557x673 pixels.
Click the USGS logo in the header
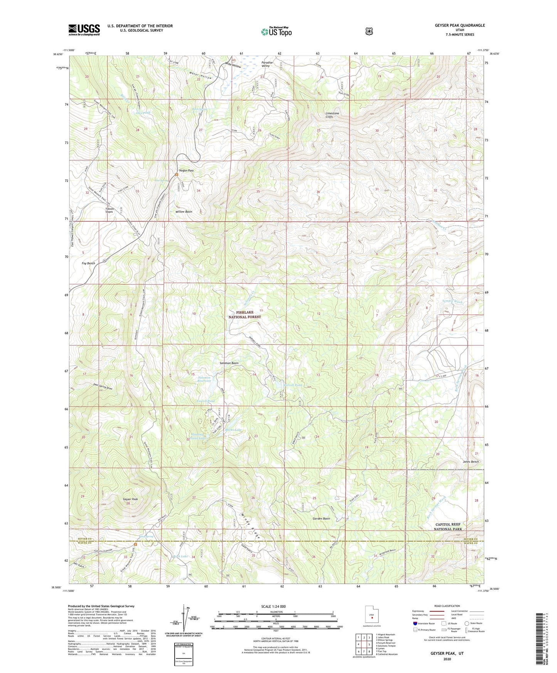pyautogui.click(x=84, y=30)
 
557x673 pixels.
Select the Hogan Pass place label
pyautogui.click(x=186, y=170)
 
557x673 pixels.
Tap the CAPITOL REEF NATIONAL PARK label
pyautogui.click(x=448, y=527)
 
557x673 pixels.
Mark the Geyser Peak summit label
pyautogui.click(x=130, y=499)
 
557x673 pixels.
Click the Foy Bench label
pyautogui.click(x=88, y=263)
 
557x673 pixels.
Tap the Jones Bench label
pyautogui.click(x=471, y=461)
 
